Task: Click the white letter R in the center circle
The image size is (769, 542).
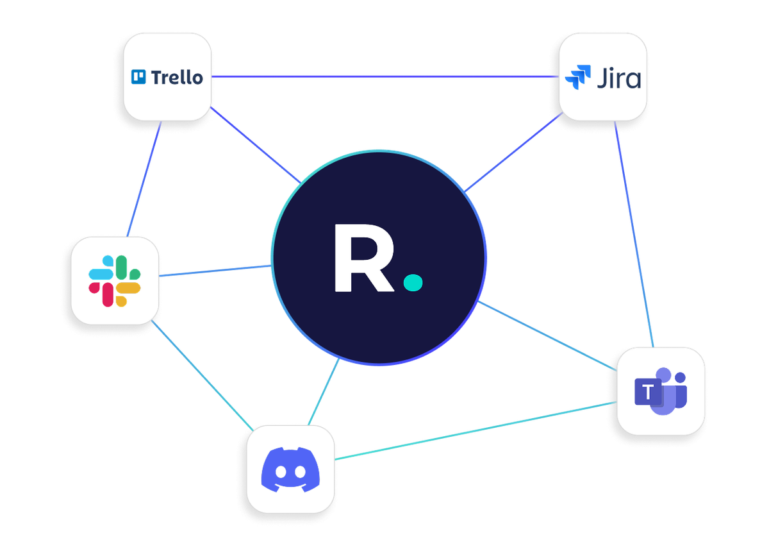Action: point(360,258)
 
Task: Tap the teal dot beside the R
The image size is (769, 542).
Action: point(413,282)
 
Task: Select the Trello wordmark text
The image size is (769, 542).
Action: point(177,78)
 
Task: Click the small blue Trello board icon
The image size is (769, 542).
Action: point(138,77)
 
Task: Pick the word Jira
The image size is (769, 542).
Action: point(618,79)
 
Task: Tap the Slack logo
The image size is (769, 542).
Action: point(115,280)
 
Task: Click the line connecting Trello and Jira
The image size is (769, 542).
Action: point(384,77)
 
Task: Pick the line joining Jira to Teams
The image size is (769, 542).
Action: point(634,237)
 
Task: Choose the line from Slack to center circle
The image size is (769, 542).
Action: point(215,271)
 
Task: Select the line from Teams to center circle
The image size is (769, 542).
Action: point(545,334)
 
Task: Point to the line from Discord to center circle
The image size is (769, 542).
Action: point(324,391)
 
